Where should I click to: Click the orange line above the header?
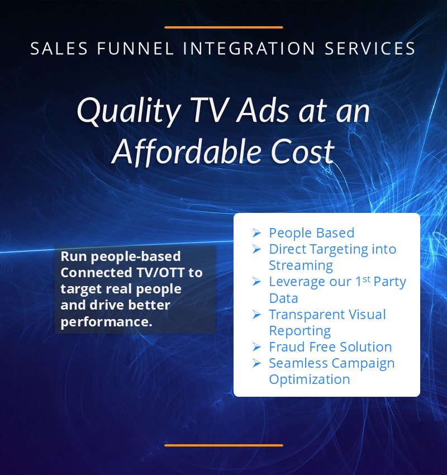223,27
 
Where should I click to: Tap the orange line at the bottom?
223,445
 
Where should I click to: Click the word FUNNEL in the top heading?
136,49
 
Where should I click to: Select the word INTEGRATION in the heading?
249,49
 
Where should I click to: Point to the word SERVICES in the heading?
370,49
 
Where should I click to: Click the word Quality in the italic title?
129,111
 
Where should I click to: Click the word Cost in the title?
302,151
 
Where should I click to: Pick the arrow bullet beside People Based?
256,232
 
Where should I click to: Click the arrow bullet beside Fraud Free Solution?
256,346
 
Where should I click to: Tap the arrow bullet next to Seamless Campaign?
256,363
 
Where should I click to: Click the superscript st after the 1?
367,279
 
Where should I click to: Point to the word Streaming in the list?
301,266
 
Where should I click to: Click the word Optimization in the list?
310,380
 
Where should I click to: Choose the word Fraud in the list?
285,347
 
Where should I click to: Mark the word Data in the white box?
283,298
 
